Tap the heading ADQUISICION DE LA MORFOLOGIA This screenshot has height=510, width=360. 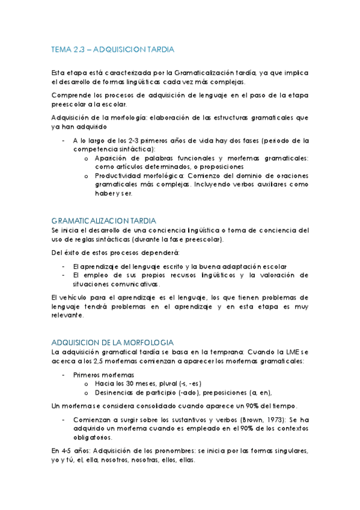[x=113, y=341]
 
